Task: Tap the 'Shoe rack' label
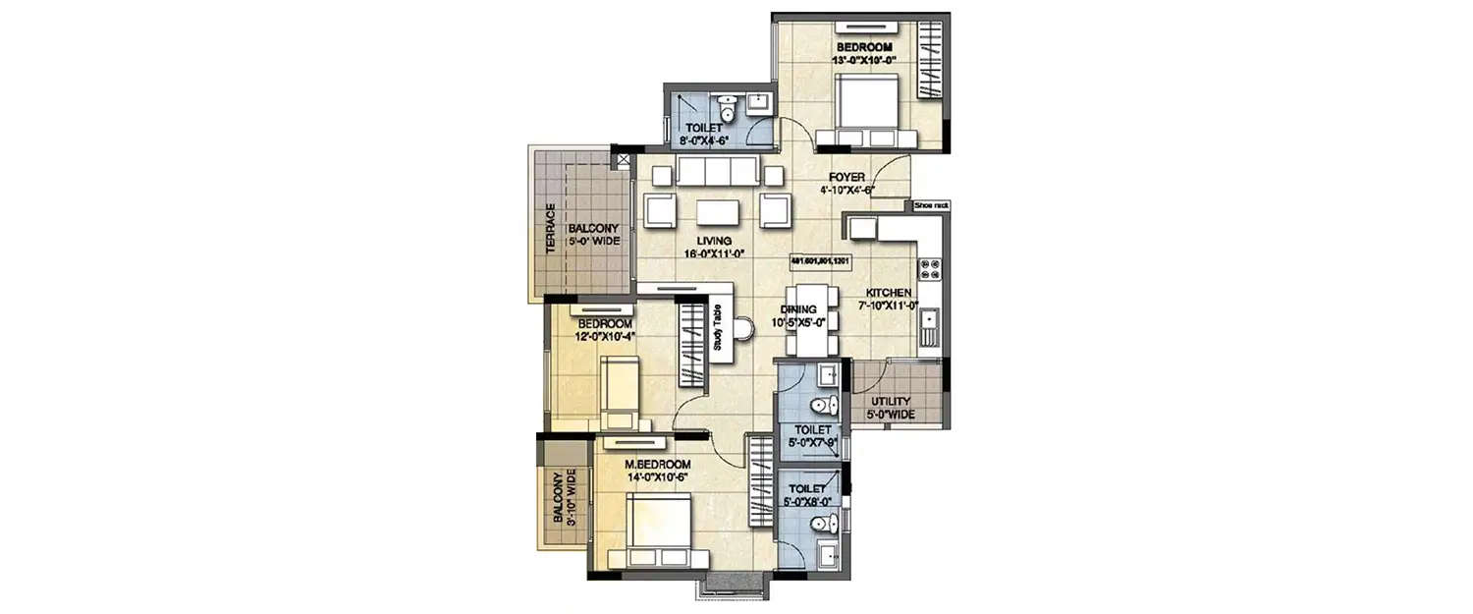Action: click(930, 205)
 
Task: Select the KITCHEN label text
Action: click(890, 293)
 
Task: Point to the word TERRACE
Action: click(551, 229)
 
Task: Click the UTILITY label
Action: click(891, 402)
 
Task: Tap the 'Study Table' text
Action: click(718, 328)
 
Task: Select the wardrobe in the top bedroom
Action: click(929, 61)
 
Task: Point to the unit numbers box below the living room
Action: click(819, 261)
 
